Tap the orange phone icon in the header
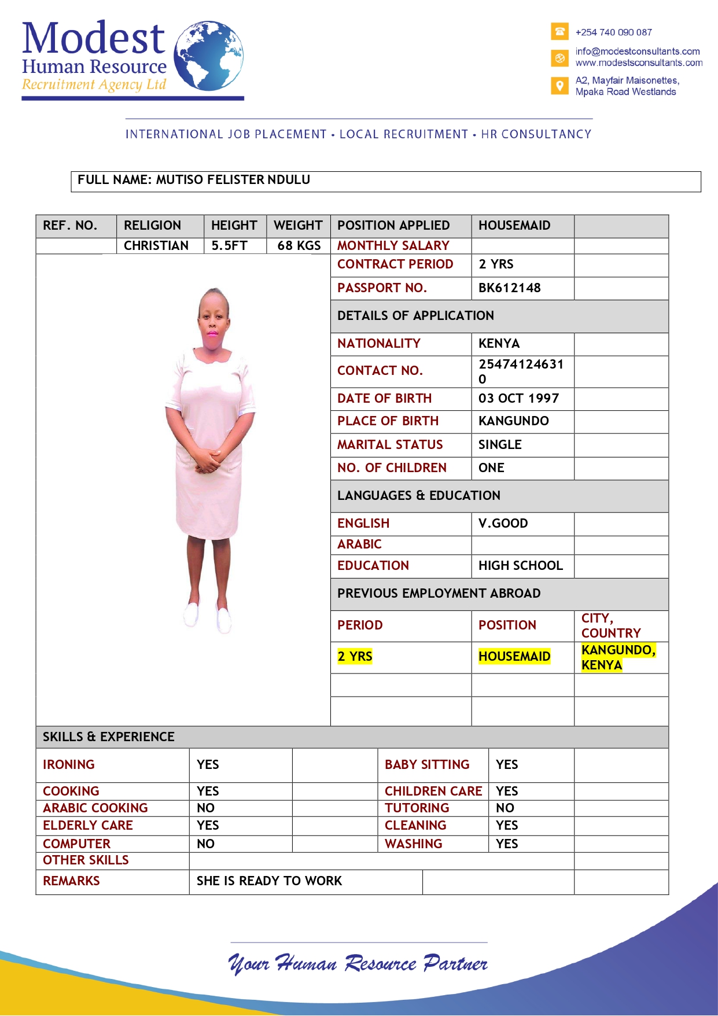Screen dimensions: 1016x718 pyautogui.click(x=559, y=32)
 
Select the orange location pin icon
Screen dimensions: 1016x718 pyautogui.click(x=559, y=86)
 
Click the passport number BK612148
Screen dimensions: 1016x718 pyautogui.click(x=509, y=288)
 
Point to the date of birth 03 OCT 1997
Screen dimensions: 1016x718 pyautogui.click(x=518, y=399)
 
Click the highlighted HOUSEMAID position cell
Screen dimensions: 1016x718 pyautogui.click(x=514, y=657)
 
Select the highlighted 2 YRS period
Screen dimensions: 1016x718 pyautogui.click(x=355, y=657)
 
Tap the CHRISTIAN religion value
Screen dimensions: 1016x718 pyautogui.click(x=156, y=246)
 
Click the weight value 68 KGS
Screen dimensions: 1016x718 pyautogui.click(x=299, y=246)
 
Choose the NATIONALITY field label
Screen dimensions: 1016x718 pyautogui.click(x=379, y=344)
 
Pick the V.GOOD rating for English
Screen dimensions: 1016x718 pyautogui.click(x=503, y=524)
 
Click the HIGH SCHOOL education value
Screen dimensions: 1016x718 pyautogui.click(x=520, y=566)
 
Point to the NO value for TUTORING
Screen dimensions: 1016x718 pyautogui.click(x=505, y=808)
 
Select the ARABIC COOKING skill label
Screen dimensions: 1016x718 pyautogui.click(x=95, y=808)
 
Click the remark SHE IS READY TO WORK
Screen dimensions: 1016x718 pyautogui.click(x=269, y=881)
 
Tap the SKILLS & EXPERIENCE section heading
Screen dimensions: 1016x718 pyautogui.click(x=109, y=737)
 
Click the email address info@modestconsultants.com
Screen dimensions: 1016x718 pyautogui.click(x=638, y=51)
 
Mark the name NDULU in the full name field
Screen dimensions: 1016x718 pyautogui.click(x=289, y=180)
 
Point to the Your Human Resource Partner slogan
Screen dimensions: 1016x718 pyautogui.click(x=358, y=963)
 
